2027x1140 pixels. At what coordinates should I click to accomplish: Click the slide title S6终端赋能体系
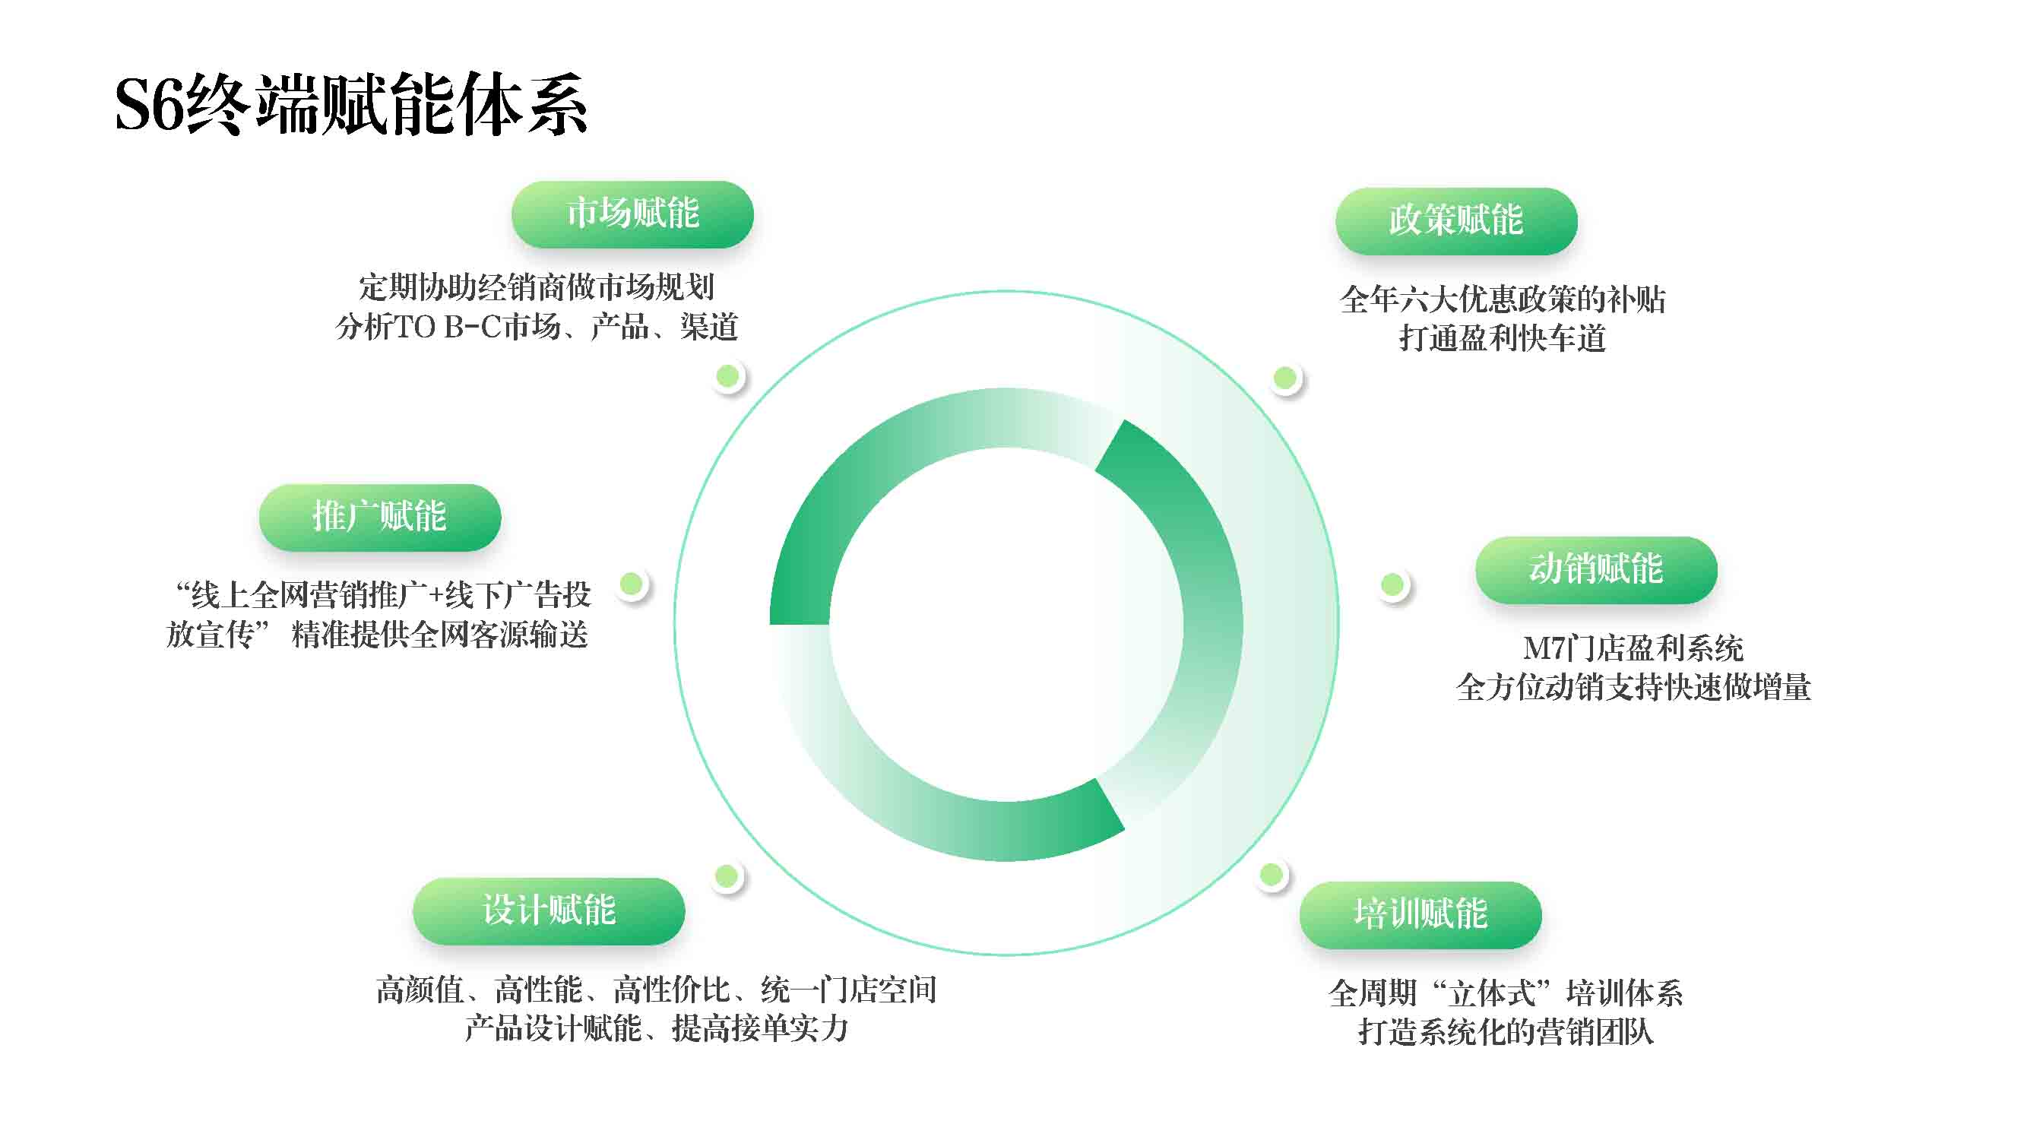pyautogui.click(x=351, y=105)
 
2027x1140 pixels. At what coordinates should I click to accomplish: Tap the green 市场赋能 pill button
pyautogui.click(x=632, y=214)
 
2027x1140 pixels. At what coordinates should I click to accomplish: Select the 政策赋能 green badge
pyautogui.click(x=1456, y=220)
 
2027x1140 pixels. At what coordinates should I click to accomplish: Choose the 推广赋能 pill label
pyautogui.click(x=380, y=517)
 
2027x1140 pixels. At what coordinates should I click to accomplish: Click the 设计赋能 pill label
pyautogui.click(x=549, y=911)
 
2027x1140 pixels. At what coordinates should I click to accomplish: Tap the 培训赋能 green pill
pyautogui.click(x=1420, y=914)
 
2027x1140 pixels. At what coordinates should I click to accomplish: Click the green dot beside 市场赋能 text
pyautogui.click(x=728, y=376)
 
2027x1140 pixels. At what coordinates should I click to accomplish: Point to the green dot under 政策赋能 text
pyautogui.click(x=1285, y=378)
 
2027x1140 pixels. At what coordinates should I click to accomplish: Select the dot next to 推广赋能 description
pyautogui.click(x=631, y=584)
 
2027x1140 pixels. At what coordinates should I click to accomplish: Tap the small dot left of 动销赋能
pyautogui.click(x=1393, y=584)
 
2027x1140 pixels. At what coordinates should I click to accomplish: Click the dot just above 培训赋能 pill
pyautogui.click(x=1272, y=874)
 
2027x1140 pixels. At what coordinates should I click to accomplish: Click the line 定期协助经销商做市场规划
pyautogui.click(x=537, y=287)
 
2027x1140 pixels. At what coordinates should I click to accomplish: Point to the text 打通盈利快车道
pyautogui.click(x=1502, y=338)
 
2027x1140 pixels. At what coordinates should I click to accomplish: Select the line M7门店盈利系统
pyautogui.click(x=1633, y=648)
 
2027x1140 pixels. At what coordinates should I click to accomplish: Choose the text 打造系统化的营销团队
pyautogui.click(x=1506, y=1031)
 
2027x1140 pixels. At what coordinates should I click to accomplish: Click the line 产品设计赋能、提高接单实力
pyautogui.click(x=656, y=1028)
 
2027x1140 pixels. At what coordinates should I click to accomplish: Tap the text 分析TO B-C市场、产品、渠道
pyautogui.click(x=537, y=327)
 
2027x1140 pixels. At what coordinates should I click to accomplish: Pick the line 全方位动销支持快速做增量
pyautogui.click(x=1633, y=688)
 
